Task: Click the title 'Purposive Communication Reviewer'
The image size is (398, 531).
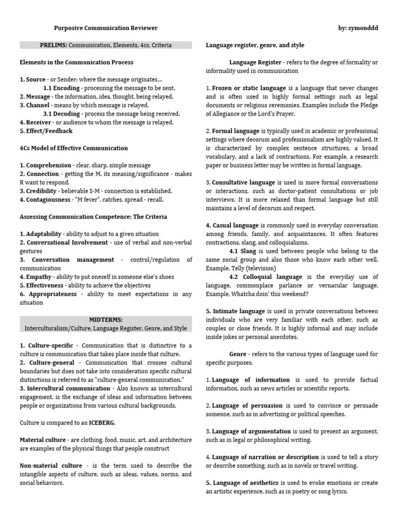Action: (x=106, y=28)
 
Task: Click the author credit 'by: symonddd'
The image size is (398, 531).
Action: (x=355, y=28)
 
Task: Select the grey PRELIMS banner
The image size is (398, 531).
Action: (x=106, y=45)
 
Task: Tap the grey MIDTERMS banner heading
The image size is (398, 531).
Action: (x=106, y=324)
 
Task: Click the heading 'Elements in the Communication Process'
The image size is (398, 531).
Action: (x=76, y=62)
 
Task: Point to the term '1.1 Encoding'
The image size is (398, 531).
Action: (x=61, y=88)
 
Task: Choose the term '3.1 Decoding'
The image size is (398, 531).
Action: (x=61, y=114)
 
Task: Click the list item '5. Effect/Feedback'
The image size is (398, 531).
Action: (x=46, y=131)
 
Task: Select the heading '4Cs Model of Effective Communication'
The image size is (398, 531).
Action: (x=74, y=148)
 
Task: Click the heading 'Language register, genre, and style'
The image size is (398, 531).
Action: (x=255, y=45)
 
